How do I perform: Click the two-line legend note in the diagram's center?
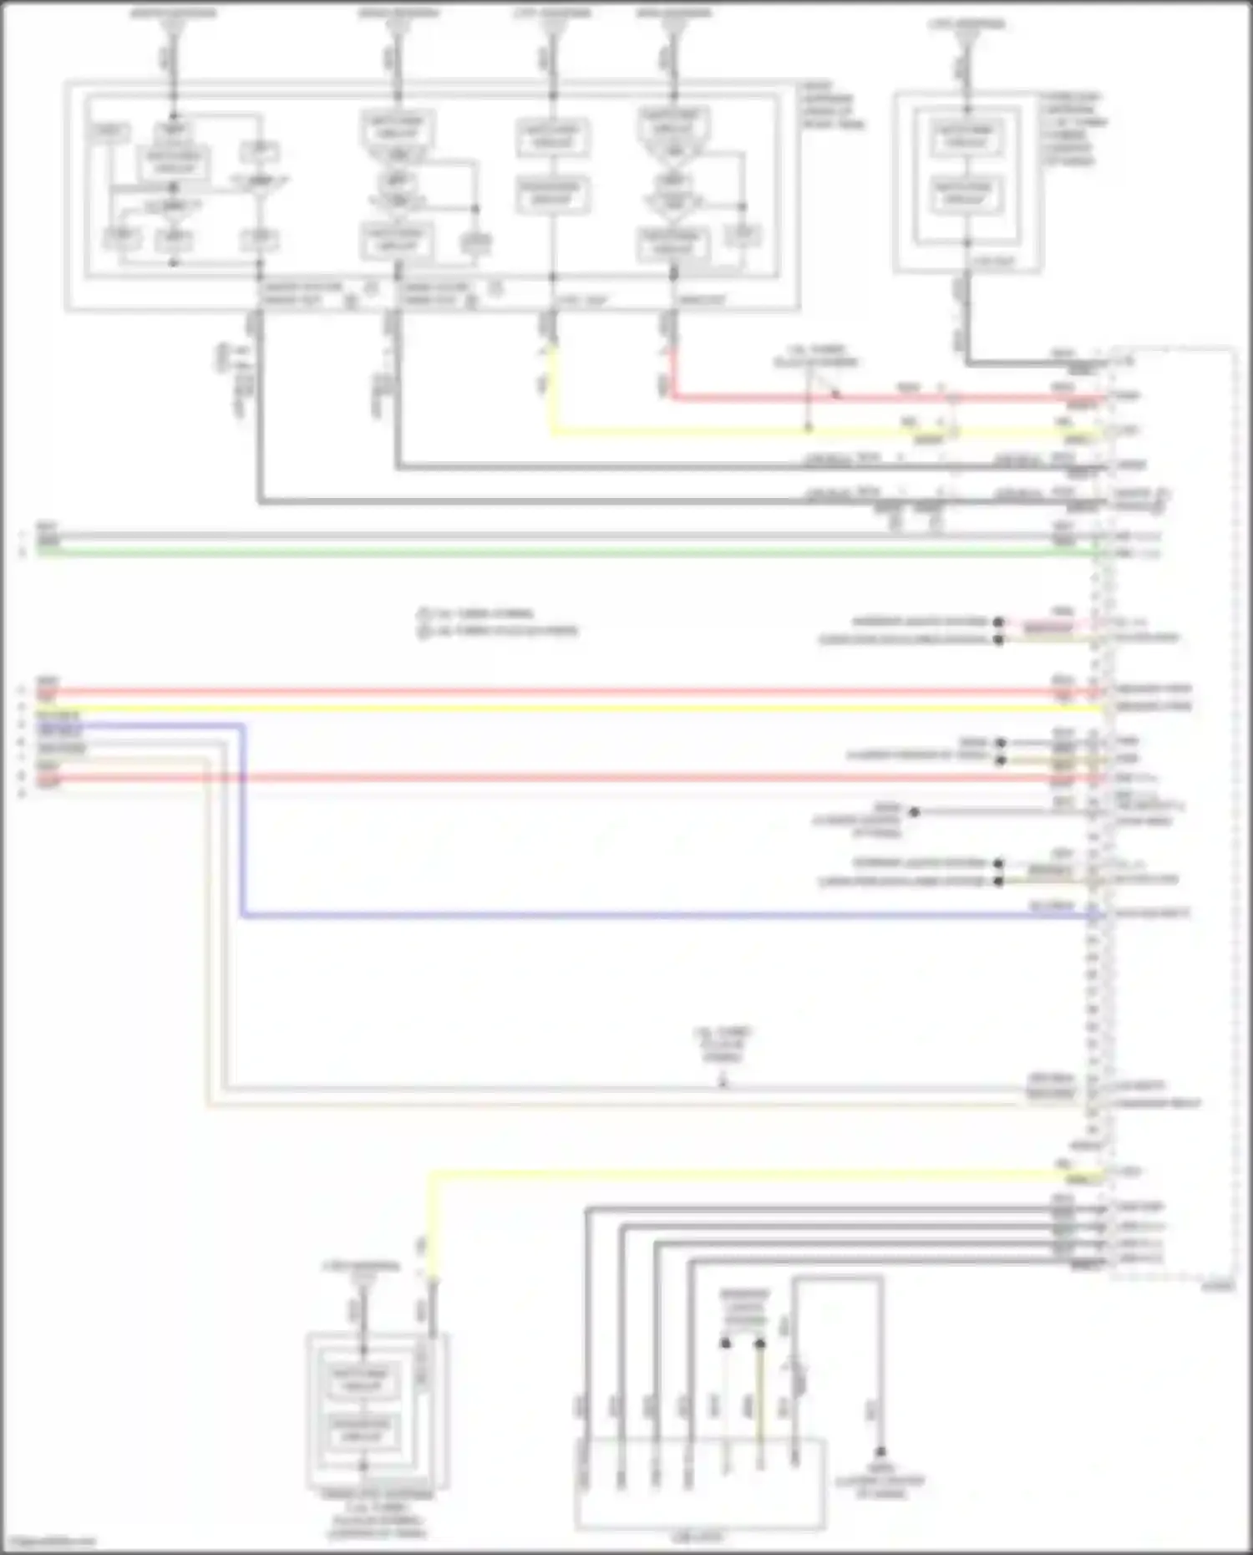[498, 623]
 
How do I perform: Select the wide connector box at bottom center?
[700, 1483]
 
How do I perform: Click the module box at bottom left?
[378, 1412]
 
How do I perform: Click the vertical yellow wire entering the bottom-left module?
[432, 1228]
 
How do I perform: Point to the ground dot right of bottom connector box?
[880, 1452]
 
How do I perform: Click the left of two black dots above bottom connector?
[726, 1344]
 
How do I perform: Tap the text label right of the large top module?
[832, 105]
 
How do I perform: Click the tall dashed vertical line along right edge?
[1234, 811]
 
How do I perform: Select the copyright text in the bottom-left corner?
[48, 1542]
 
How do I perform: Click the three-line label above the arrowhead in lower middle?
[723, 1044]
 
